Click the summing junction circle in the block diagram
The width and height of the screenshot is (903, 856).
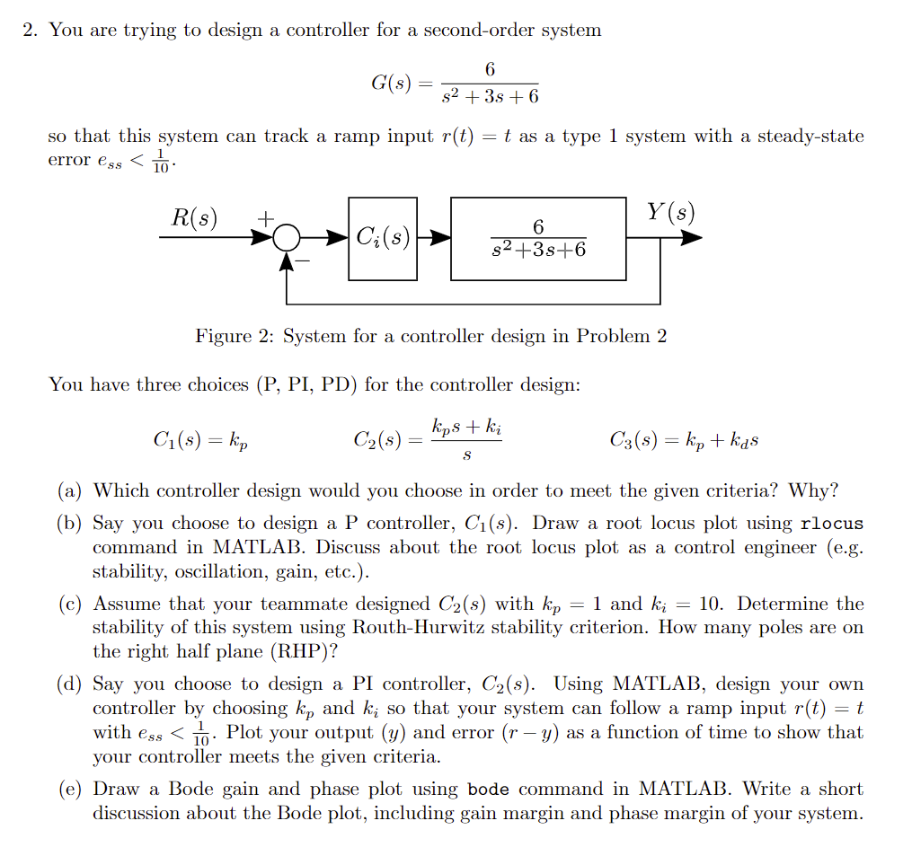click(x=287, y=238)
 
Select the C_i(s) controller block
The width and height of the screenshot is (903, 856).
click(x=383, y=238)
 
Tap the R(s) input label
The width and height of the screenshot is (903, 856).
click(x=194, y=217)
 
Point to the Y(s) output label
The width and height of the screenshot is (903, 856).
click(x=671, y=214)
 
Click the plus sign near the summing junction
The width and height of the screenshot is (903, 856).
click(x=266, y=218)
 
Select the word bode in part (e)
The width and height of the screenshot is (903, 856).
click(x=490, y=790)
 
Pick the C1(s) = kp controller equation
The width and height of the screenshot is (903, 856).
click(x=199, y=440)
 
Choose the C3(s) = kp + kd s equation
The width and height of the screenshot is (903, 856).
click(x=686, y=440)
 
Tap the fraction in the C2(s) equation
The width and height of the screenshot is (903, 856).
click(x=466, y=440)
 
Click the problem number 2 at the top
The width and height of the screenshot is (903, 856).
click(x=31, y=30)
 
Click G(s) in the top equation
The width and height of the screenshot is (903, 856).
click(x=391, y=84)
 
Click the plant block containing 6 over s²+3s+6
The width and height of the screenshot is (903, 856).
click(x=538, y=238)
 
